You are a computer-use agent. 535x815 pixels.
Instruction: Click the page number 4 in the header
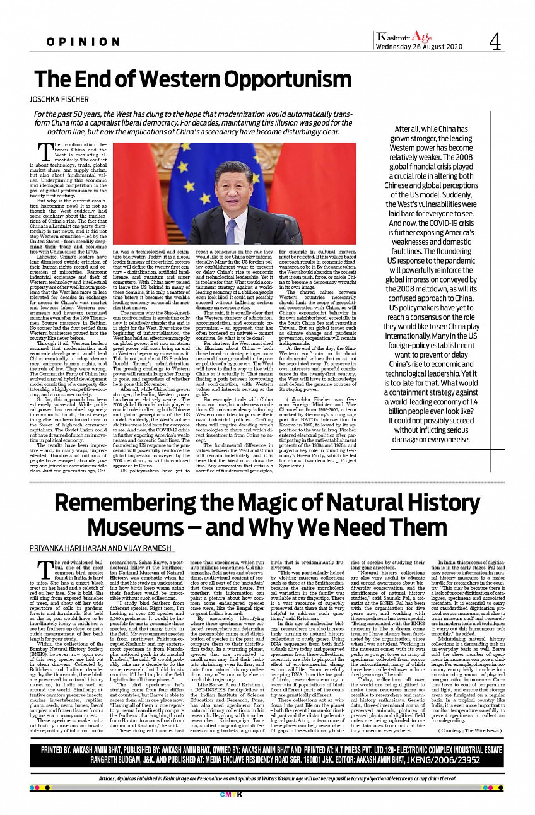(x=495, y=42)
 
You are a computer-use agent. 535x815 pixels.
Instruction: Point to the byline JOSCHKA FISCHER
(x=61, y=100)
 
